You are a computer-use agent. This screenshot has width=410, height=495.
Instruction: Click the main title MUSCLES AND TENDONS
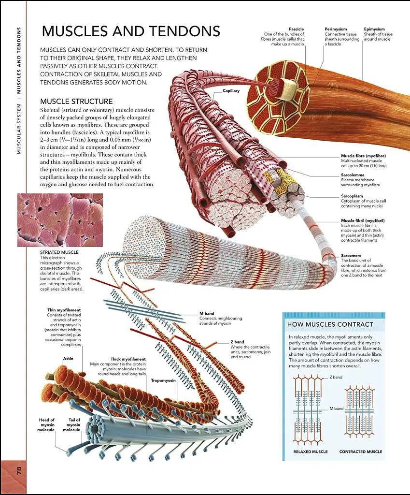point(131,31)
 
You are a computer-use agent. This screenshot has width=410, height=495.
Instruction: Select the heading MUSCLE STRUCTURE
point(76,102)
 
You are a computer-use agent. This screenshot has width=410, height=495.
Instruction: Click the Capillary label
point(231,91)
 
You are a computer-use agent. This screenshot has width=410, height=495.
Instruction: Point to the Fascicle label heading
point(296,29)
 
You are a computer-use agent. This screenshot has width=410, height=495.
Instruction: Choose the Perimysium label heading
point(336,29)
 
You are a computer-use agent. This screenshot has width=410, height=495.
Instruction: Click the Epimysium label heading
point(374,29)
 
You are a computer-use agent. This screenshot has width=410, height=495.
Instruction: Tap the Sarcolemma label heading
point(353,175)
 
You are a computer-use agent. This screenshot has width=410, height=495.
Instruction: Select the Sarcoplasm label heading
point(352,196)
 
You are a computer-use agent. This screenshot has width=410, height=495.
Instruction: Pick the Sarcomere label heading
point(351,255)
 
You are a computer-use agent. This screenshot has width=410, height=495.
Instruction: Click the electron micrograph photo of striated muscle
point(60,220)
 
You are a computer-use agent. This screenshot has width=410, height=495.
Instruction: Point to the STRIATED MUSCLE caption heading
point(59,252)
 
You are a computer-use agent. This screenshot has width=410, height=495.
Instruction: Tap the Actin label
point(68,359)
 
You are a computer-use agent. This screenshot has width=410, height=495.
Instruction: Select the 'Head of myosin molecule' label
point(47,424)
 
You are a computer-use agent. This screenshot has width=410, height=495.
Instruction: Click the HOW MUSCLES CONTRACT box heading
point(330,324)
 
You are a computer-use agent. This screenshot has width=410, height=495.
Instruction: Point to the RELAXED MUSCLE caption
point(311,452)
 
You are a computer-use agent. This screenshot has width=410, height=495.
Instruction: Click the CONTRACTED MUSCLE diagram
point(360,411)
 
